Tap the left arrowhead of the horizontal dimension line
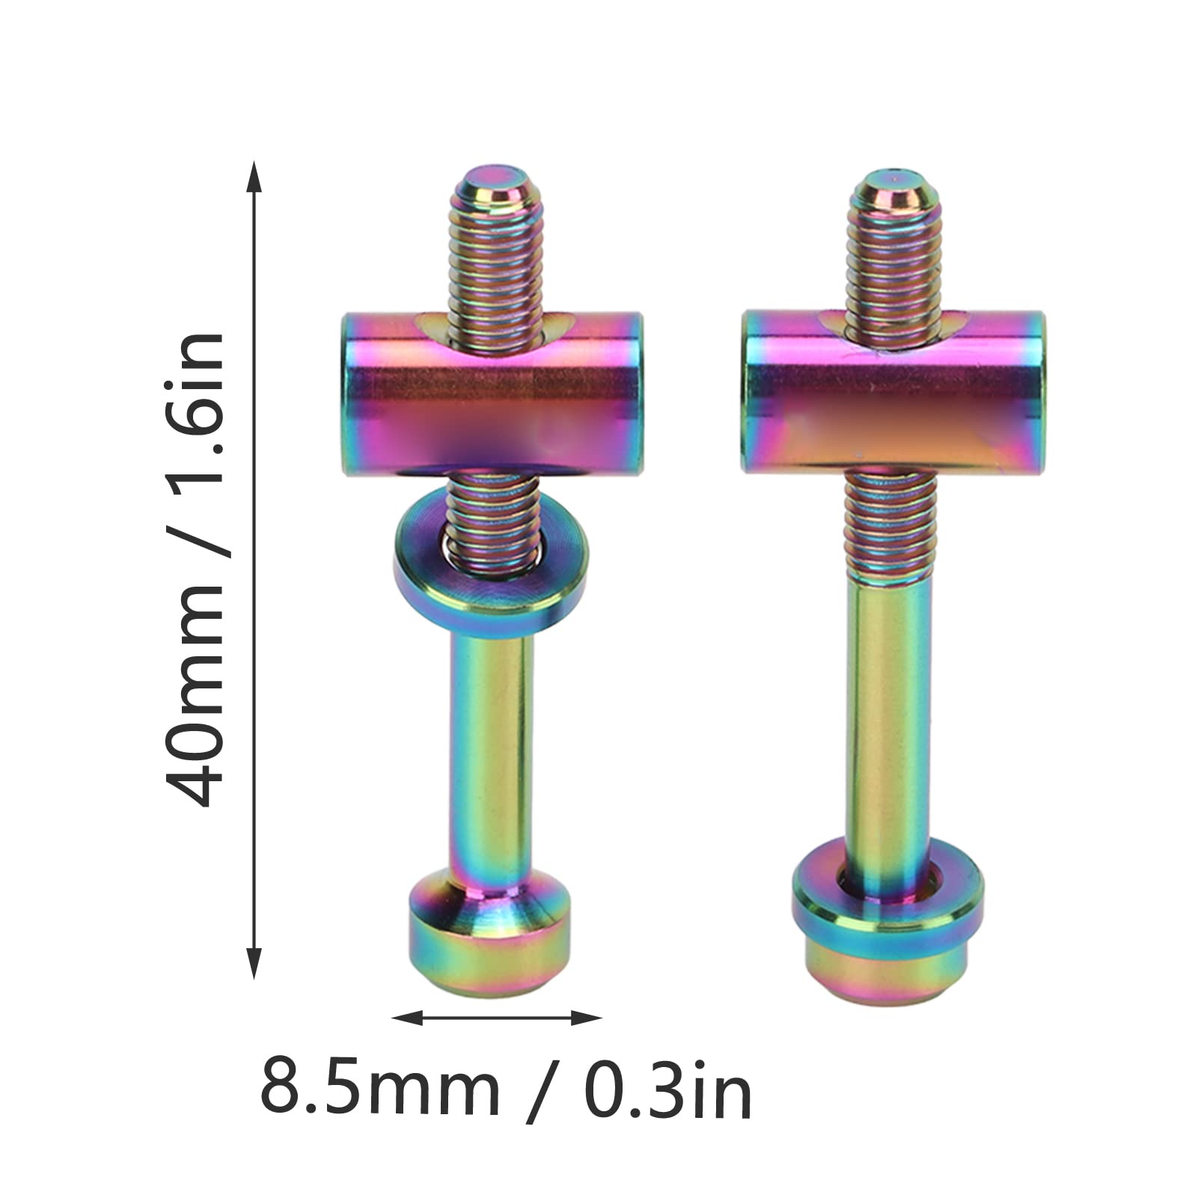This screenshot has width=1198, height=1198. pyautogui.click(x=407, y=1018)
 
